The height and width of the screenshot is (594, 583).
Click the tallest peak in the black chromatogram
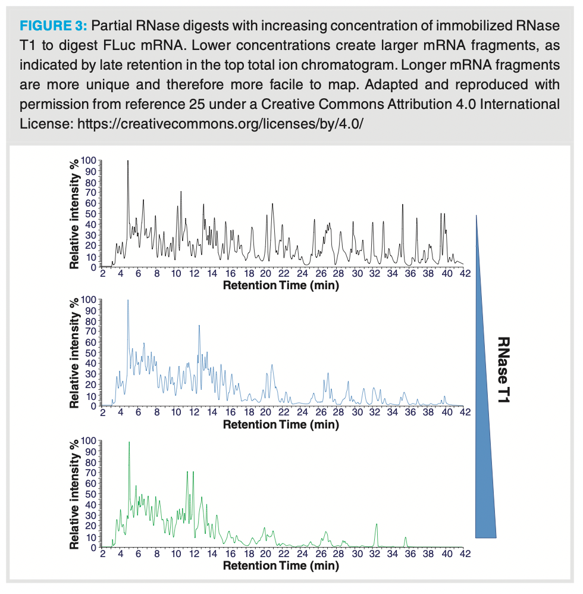128,162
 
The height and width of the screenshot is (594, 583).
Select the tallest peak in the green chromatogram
129,443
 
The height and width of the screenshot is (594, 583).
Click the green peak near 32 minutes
377,525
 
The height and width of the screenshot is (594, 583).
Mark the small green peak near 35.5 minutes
406,538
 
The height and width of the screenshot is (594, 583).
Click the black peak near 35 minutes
403,205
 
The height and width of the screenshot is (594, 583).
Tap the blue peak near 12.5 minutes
199,326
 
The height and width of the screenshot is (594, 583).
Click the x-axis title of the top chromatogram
281,285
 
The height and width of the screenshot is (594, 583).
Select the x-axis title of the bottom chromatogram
281,565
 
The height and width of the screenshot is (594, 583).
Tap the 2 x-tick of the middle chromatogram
102,412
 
